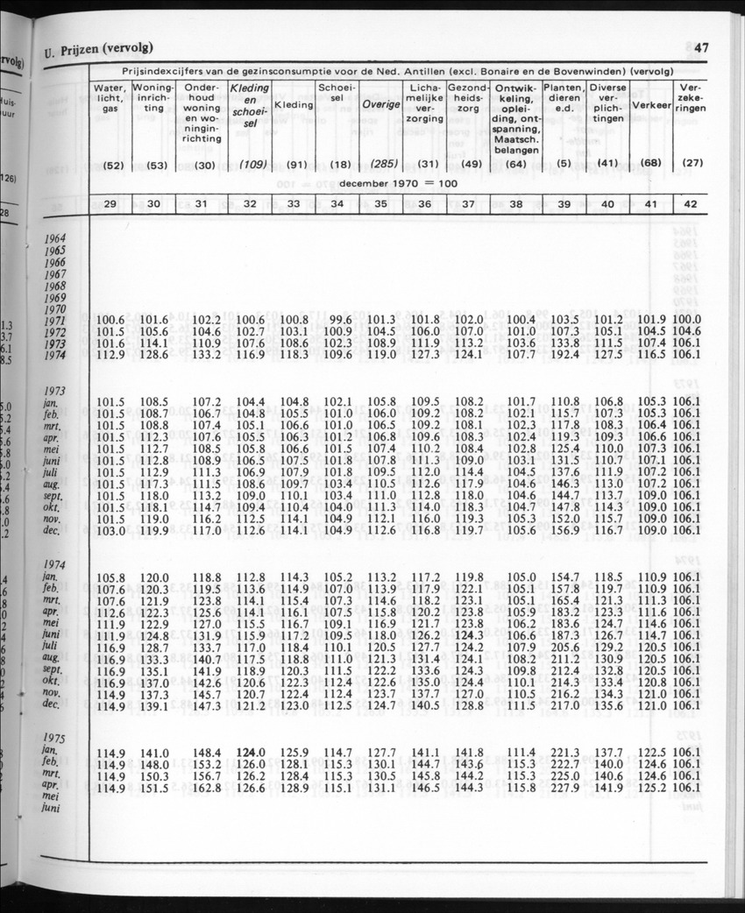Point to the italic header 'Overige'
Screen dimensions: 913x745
pos(380,104)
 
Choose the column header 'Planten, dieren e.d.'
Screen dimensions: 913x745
pos(563,97)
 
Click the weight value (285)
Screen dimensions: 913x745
pos(380,164)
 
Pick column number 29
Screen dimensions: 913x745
pos(110,203)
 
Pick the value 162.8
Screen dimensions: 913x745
pos(207,788)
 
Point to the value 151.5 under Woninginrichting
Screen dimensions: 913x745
pos(154,788)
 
